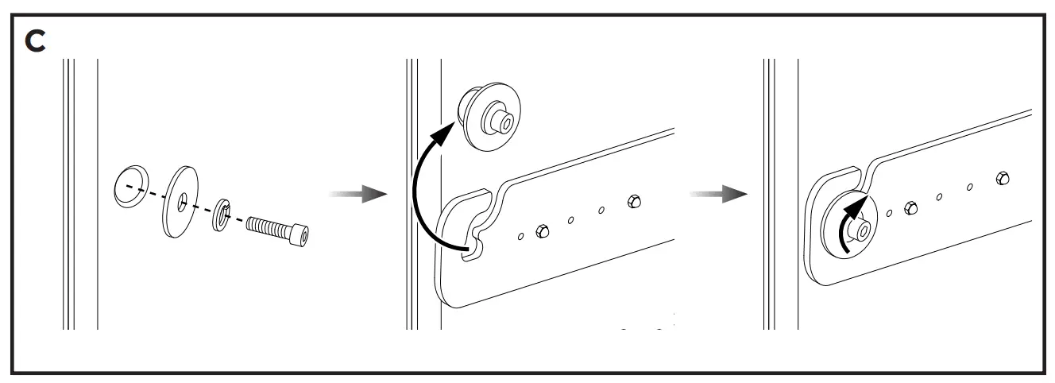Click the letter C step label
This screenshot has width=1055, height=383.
pos(36,41)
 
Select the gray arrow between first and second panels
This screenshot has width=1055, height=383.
pos(357,194)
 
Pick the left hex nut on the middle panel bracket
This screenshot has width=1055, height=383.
pos(542,230)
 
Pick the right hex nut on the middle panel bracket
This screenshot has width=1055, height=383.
pos(633,201)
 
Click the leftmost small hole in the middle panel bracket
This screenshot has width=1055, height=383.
pos(520,236)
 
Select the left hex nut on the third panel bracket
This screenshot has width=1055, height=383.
pos(910,208)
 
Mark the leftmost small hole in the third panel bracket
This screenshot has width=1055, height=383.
pos(889,213)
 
